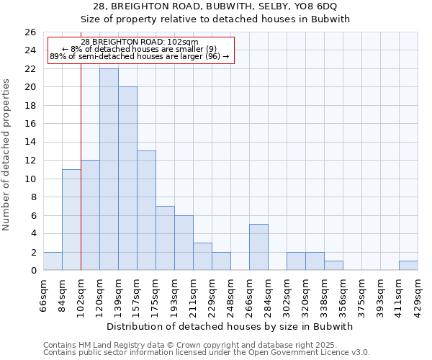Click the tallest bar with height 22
click(109, 169)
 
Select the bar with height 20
click(127, 179)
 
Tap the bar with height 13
click(146, 210)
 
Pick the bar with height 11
click(71, 220)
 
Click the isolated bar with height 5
click(258, 247)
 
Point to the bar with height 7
click(165, 238)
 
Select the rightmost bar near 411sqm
click(408, 266)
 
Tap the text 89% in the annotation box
click(58, 56)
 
